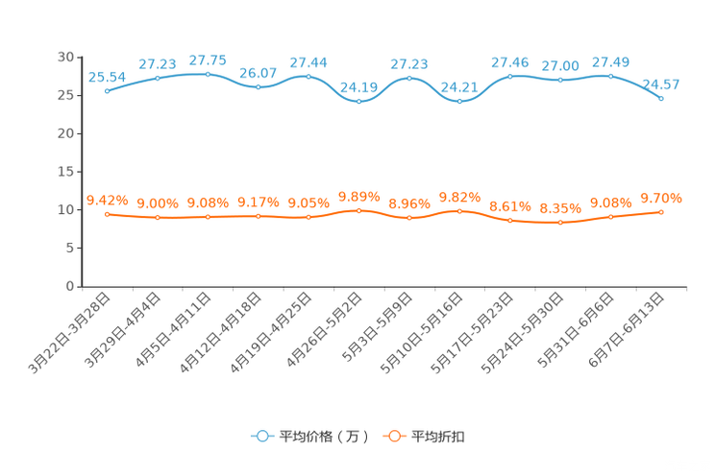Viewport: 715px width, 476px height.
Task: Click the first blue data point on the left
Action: tap(107, 90)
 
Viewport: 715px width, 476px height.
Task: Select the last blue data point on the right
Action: tap(661, 97)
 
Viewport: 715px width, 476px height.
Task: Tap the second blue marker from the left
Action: tap(157, 78)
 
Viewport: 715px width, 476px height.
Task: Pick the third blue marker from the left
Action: tap(208, 73)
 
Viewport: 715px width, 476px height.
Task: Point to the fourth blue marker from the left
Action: tap(258, 86)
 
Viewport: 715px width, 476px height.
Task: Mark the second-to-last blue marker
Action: tap(610, 75)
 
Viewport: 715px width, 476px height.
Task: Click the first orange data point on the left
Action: tap(107, 214)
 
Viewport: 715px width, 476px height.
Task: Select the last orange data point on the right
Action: tap(661, 211)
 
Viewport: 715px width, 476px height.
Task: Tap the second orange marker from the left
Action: tap(157, 218)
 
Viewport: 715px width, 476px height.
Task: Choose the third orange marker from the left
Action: tap(208, 217)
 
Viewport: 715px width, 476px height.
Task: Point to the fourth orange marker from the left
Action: tap(258, 216)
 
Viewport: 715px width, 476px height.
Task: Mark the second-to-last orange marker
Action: tap(610, 217)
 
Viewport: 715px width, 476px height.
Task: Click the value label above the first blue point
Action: tap(107, 76)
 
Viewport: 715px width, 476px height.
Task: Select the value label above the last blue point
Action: tap(661, 84)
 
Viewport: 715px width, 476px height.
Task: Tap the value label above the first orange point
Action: tap(107, 200)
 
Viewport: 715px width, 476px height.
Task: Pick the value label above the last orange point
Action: tap(661, 199)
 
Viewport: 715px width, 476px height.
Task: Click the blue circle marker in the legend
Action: tap(261, 436)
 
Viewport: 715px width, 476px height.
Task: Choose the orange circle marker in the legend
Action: tap(392, 436)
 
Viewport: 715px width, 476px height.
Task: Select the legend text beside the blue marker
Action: tap(323, 437)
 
